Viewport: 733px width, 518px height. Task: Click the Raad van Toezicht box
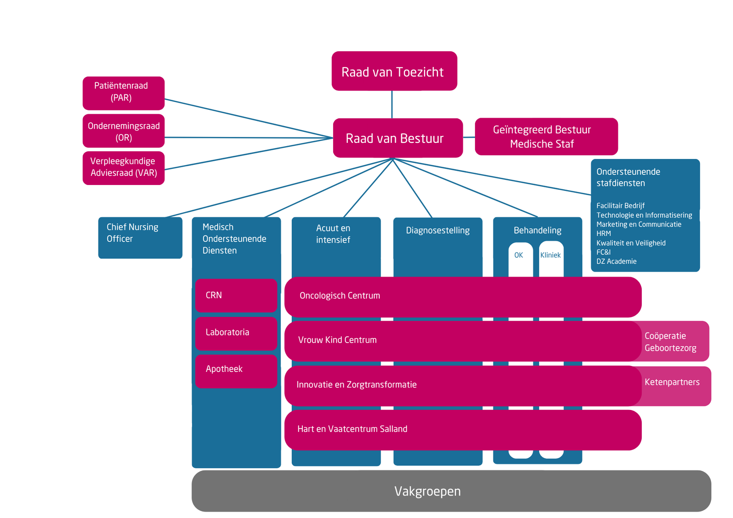pyautogui.click(x=394, y=71)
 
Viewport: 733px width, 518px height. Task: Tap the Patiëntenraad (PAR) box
pyautogui.click(x=123, y=93)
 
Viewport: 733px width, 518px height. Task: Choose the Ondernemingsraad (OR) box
pyautogui.click(x=123, y=131)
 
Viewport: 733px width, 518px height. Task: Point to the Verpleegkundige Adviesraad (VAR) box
pyautogui.click(x=123, y=168)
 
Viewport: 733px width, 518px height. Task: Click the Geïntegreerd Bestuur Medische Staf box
pyautogui.click(x=546, y=136)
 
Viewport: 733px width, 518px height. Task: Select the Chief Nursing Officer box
pyautogui.click(x=140, y=237)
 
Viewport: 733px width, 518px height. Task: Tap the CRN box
pyautogui.click(x=236, y=295)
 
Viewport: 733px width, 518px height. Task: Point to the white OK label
pyautogui.click(x=519, y=255)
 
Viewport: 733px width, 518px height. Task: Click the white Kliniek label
pyautogui.click(x=550, y=255)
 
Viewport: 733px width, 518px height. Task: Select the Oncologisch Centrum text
pyautogui.click(x=339, y=296)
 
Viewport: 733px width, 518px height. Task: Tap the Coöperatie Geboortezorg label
pyautogui.click(x=670, y=342)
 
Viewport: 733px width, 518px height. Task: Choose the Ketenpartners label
pyautogui.click(x=672, y=382)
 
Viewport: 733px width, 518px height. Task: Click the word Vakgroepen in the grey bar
pyautogui.click(x=427, y=491)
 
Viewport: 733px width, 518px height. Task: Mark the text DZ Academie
pyautogui.click(x=616, y=262)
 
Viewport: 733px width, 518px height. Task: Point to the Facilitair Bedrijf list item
pyautogui.click(x=620, y=206)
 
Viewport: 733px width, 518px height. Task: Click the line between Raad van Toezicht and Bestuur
pyautogui.click(x=392, y=104)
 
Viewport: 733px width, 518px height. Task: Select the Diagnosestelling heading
pyautogui.click(x=438, y=230)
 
